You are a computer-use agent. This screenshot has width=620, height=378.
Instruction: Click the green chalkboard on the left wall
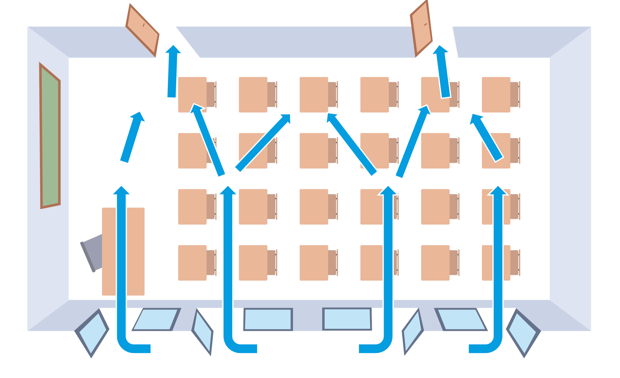(x=50, y=136)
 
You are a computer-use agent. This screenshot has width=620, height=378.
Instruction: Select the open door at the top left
(x=142, y=30)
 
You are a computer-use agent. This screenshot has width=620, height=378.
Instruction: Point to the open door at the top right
(x=421, y=29)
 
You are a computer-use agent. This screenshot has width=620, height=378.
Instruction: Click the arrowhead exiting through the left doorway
(x=173, y=50)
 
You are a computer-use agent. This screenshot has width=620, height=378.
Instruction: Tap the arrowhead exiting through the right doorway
(x=440, y=50)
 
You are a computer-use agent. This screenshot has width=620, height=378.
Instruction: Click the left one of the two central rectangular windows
(x=268, y=319)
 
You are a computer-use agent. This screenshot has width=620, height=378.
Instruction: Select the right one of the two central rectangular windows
(x=347, y=319)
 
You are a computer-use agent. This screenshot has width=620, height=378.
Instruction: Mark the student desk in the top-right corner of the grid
(x=496, y=94)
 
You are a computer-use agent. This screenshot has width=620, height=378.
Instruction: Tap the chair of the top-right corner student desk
(x=514, y=94)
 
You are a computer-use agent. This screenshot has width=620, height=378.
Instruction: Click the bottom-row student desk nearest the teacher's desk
(x=192, y=263)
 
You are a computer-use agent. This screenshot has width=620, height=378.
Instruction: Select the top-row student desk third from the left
(x=314, y=94)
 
